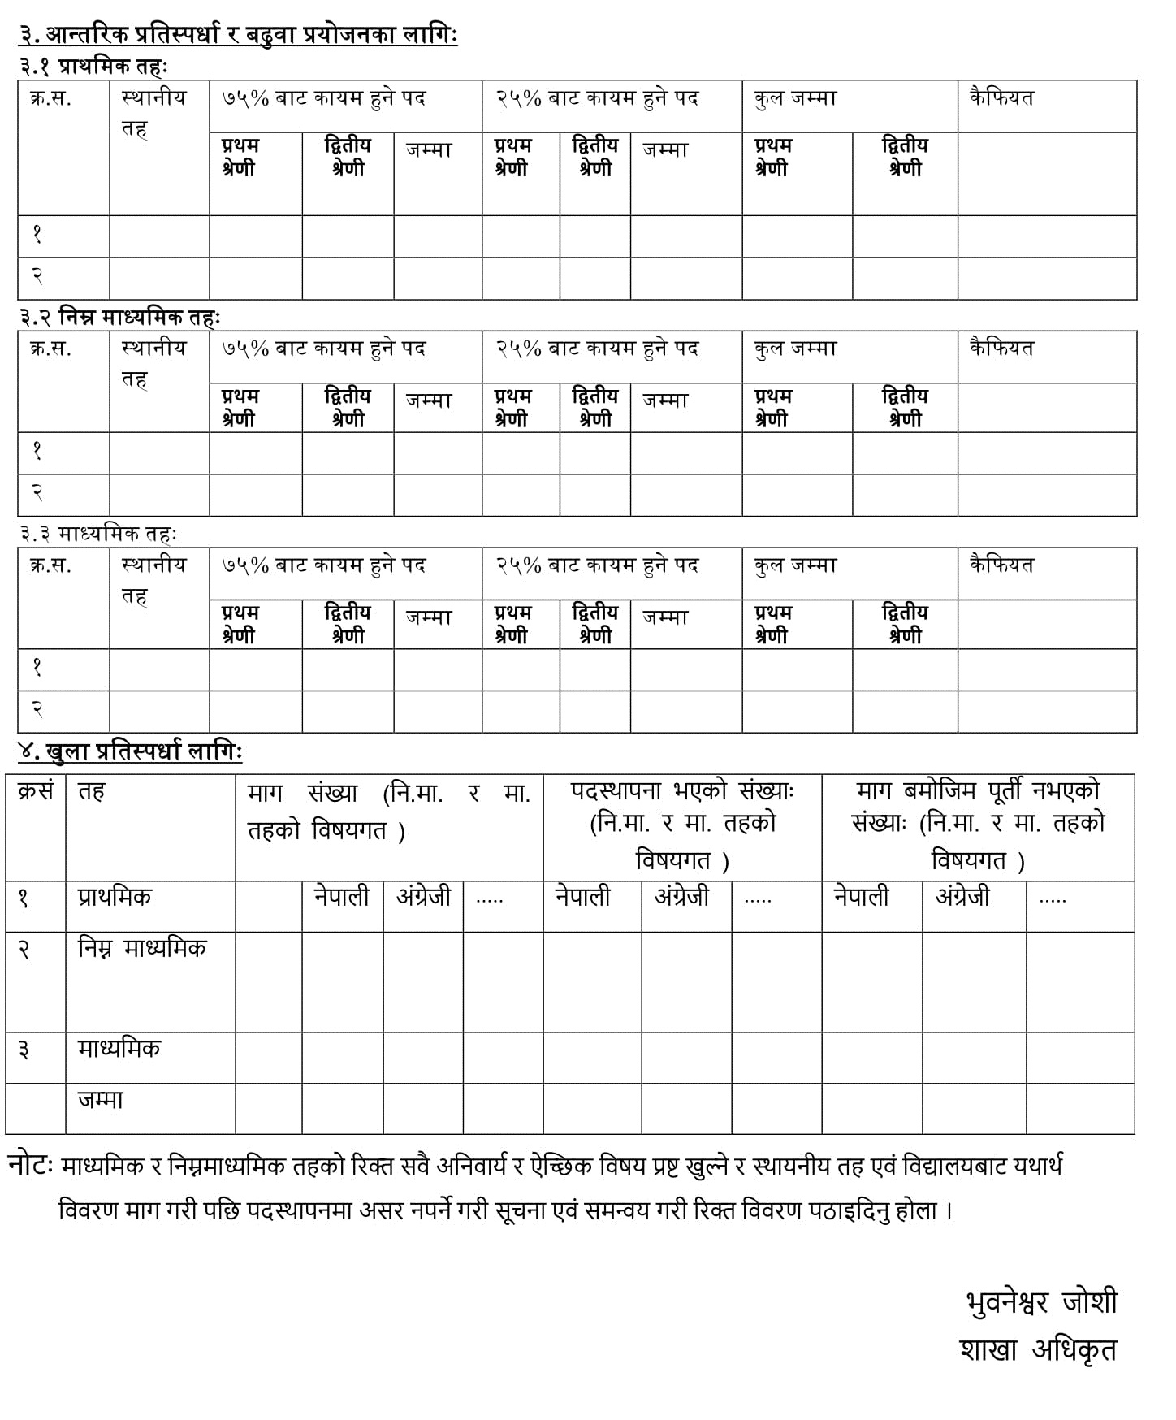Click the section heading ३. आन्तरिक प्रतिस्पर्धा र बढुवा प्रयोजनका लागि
pyautogui.click(x=238, y=35)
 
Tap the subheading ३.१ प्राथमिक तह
pyautogui.click(x=93, y=67)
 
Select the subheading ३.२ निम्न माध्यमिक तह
pyautogui.click(x=119, y=317)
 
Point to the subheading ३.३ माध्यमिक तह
pyautogui.click(x=97, y=534)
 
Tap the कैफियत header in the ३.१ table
pyautogui.click(x=1001, y=98)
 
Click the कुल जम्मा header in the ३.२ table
pyautogui.click(x=795, y=349)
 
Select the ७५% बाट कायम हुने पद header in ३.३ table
pyautogui.click(x=324, y=565)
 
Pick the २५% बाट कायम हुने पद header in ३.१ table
pyautogui.click(x=597, y=98)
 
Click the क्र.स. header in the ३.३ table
pyautogui.click(x=50, y=565)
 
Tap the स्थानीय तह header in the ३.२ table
pyautogui.click(x=153, y=362)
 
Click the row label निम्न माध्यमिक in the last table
pyautogui.click(x=142, y=948)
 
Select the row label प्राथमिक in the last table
pyautogui.click(x=115, y=898)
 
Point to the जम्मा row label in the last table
pyautogui.click(x=101, y=1100)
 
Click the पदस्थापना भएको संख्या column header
pyautogui.click(x=682, y=825)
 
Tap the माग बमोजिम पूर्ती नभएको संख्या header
pyautogui.click(x=978, y=825)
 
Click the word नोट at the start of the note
pyautogui.click(x=30, y=1165)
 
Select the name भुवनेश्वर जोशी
pyautogui.click(x=1041, y=1301)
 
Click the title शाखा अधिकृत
pyautogui.click(x=1038, y=1349)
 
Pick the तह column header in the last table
pyautogui.click(x=91, y=791)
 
